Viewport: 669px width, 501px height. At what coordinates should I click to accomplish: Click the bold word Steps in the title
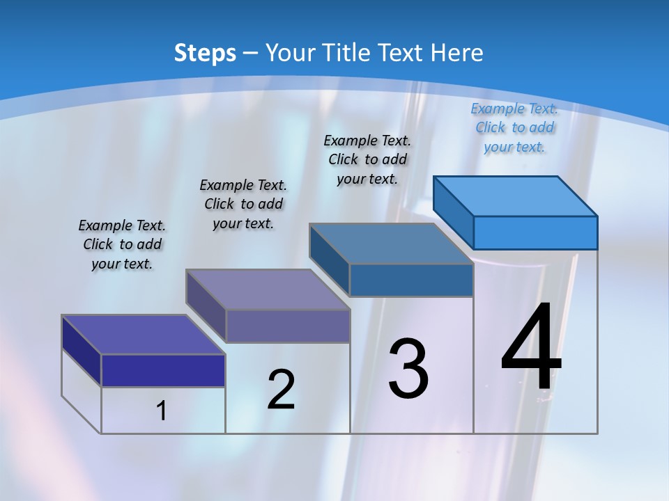click(205, 53)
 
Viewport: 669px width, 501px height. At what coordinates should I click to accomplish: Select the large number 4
click(531, 347)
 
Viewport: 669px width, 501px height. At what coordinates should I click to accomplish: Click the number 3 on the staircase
click(408, 369)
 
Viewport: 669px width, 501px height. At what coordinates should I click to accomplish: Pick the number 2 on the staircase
click(282, 390)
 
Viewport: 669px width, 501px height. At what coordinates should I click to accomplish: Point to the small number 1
click(162, 411)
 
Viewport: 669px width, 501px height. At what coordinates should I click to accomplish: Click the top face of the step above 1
click(143, 335)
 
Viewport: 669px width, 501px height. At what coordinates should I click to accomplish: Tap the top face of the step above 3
click(391, 244)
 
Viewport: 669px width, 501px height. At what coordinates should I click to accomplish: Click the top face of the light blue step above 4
click(515, 196)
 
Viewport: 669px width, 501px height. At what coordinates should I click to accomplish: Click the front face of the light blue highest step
click(535, 232)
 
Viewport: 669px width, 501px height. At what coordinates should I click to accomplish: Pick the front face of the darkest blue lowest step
click(163, 370)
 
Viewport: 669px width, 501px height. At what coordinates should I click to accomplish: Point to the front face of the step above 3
click(411, 280)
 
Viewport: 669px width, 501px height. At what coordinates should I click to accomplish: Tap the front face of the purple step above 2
click(287, 326)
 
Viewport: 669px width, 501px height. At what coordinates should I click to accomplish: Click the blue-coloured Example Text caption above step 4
click(514, 127)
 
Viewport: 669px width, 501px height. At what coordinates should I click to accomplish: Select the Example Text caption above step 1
click(122, 244)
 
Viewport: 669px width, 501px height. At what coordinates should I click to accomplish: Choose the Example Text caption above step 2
click(243, 204)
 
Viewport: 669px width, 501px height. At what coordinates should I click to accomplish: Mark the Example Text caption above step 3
click(367, 159)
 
